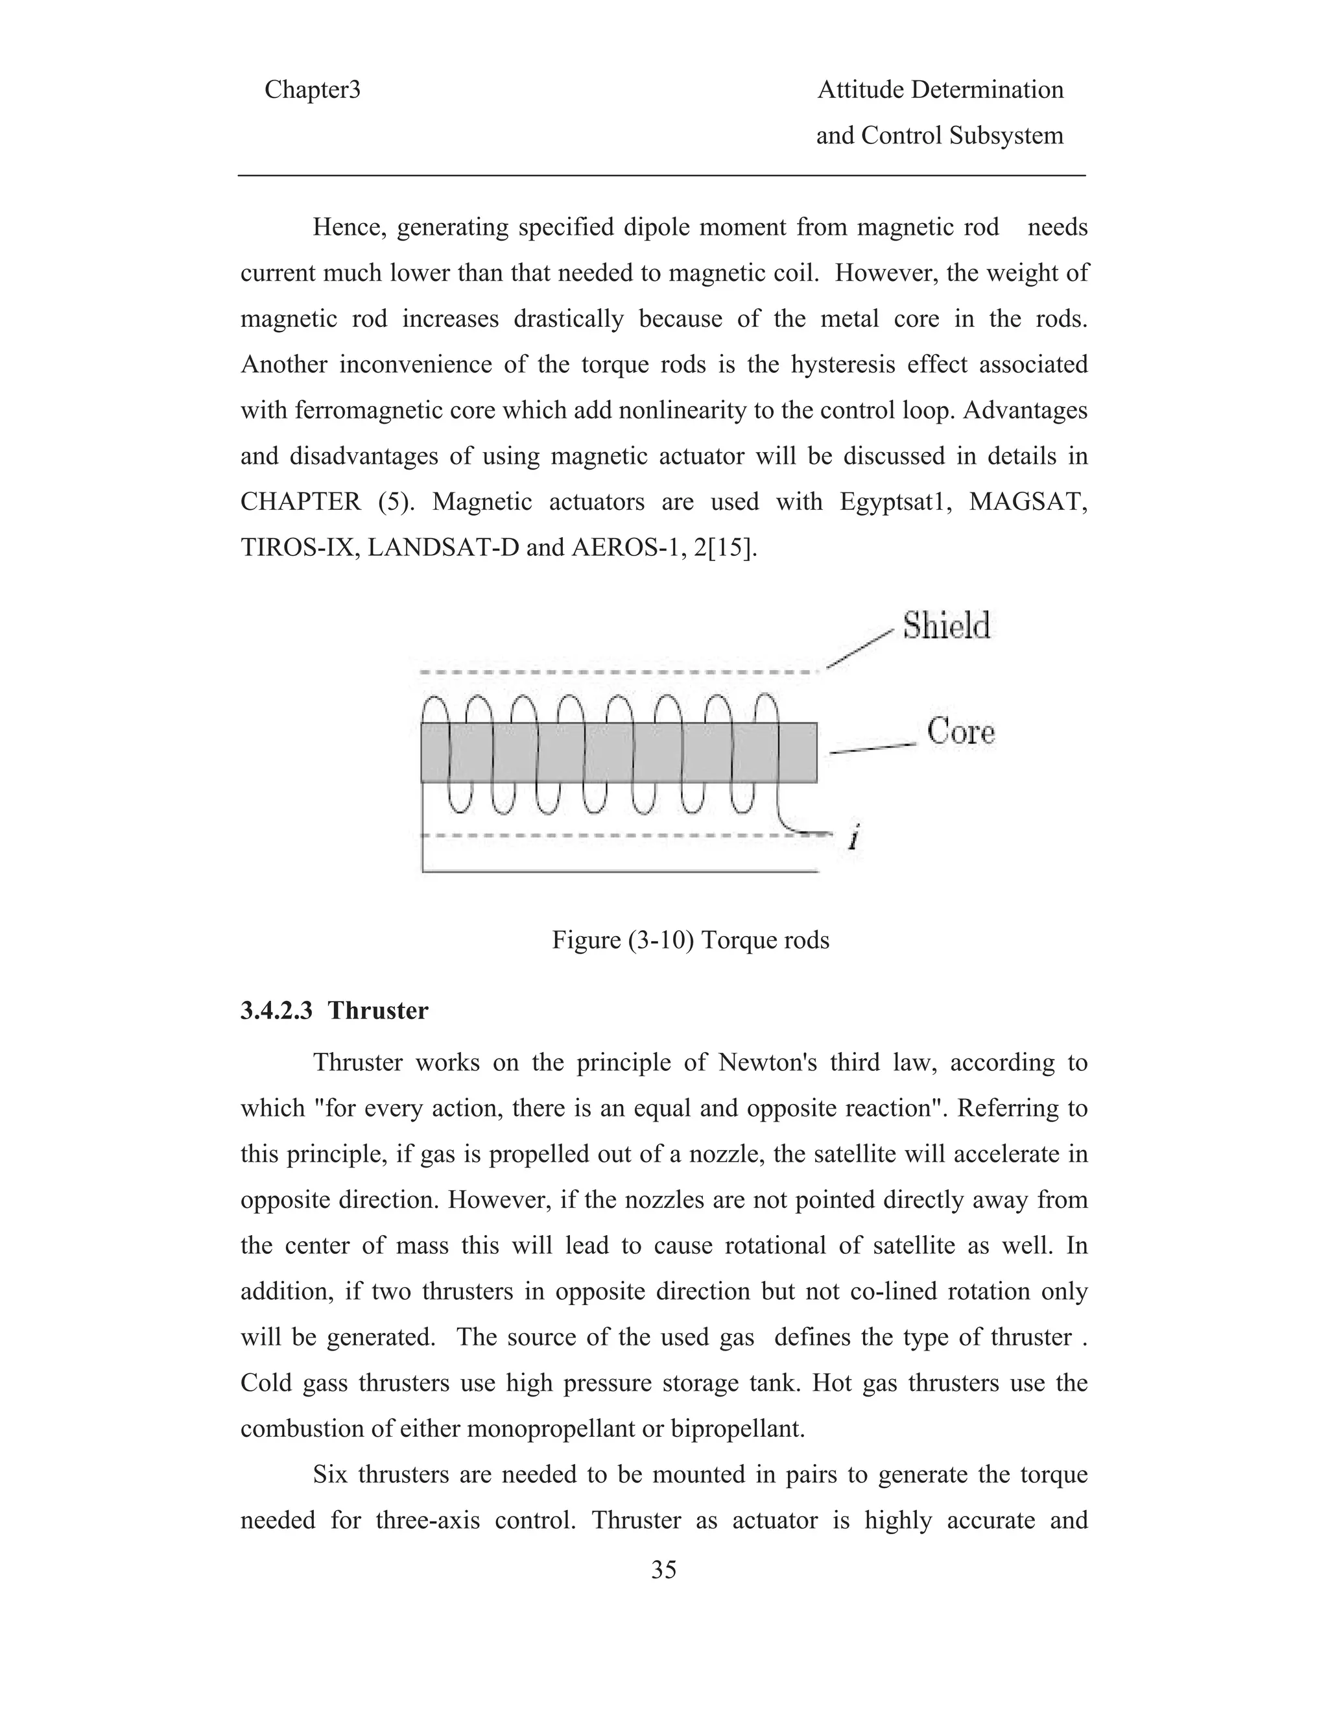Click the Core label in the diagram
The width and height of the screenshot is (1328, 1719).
[x=960, y=731]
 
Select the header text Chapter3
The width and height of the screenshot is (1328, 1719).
[x=313, y=90]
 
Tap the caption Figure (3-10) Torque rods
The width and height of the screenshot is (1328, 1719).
[x=690, y=940]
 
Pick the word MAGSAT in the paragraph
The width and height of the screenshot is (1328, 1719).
[x=1028, y=501]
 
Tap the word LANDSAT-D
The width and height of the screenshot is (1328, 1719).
[x=443, y=548]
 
